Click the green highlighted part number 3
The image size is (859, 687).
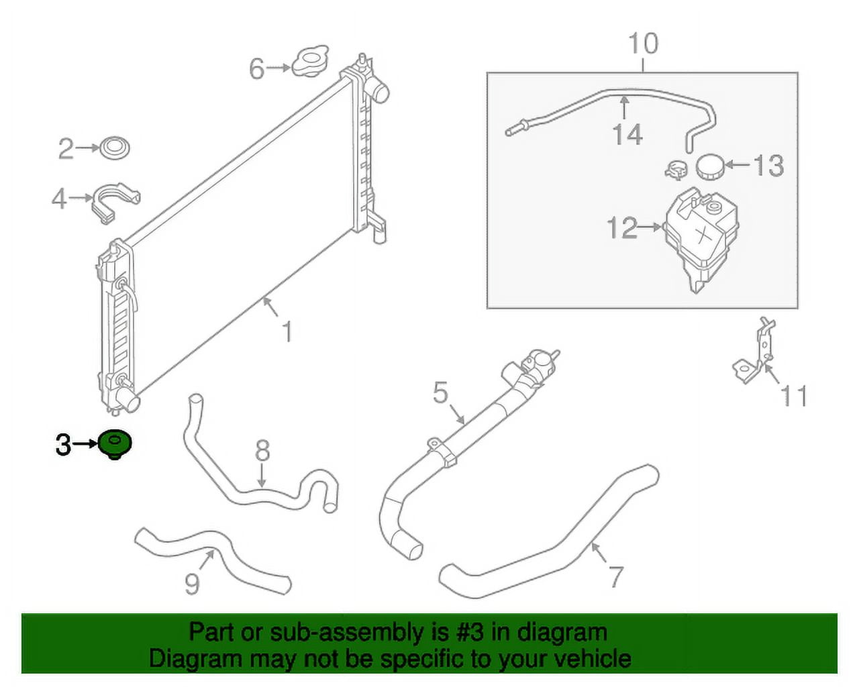click(115, 445)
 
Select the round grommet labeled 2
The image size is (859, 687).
click(115, 148)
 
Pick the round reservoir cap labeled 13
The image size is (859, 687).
click(710, 167)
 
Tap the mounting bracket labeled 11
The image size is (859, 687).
click(754, 352)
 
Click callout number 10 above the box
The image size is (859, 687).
click(643, 44)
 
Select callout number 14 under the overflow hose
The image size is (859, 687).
click(627, 134)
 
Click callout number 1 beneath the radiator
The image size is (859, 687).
click(287, 331)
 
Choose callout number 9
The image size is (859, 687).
click(193, 584)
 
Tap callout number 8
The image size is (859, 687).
click(262, 450)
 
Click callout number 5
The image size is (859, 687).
click(441, 392)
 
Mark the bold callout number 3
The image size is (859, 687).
click(64, 445)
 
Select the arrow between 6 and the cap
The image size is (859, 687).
click(279, 68)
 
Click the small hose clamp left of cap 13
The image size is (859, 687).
click(677, 169)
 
